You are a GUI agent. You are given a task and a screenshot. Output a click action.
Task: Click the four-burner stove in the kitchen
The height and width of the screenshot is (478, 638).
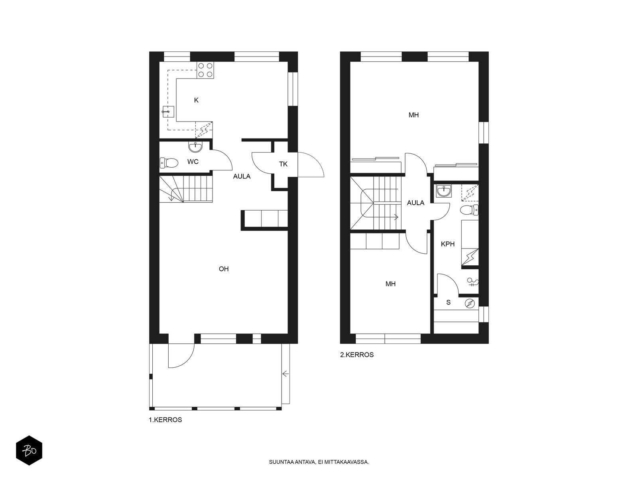point(205,70)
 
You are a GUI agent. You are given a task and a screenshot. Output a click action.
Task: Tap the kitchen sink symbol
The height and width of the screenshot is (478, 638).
point(168,112)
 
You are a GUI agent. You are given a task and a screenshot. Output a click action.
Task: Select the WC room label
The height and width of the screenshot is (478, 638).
point(193,162)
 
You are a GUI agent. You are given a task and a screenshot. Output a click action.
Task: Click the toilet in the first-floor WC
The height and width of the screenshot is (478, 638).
point(169,163)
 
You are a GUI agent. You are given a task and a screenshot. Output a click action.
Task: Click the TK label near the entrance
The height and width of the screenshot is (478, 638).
point(283,164)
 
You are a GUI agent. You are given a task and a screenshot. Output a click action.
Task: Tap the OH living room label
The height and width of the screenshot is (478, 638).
point(224,269)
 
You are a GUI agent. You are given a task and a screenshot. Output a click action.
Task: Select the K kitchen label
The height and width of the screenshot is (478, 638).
point(196,100)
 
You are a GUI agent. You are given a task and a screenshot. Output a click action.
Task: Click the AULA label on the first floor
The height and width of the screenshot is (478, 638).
point(242,176)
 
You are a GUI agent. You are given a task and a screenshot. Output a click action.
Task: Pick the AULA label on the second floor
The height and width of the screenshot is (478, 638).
point(415,203)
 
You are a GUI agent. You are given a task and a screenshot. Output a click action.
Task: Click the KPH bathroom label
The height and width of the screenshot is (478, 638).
point(448,244)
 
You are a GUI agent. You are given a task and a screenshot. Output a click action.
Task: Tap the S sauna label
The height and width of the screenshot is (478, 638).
point(448,302)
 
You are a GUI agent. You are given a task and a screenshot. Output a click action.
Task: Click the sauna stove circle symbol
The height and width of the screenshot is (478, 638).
point(470,304)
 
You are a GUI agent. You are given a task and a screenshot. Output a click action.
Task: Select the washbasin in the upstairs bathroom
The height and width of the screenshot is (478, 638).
point(443,191)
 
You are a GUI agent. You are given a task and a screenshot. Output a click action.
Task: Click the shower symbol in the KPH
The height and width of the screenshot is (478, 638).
point(473,282)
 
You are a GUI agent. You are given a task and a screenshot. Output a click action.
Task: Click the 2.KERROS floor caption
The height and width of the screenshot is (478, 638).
point(356,355)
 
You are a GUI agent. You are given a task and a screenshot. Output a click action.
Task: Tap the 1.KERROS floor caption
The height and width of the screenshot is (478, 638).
point(165,420)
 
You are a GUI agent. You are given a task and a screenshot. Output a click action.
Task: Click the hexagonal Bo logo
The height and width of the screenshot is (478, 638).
point(29,451)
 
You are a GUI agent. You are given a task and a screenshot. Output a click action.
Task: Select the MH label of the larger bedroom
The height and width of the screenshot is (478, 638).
point(414,115)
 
